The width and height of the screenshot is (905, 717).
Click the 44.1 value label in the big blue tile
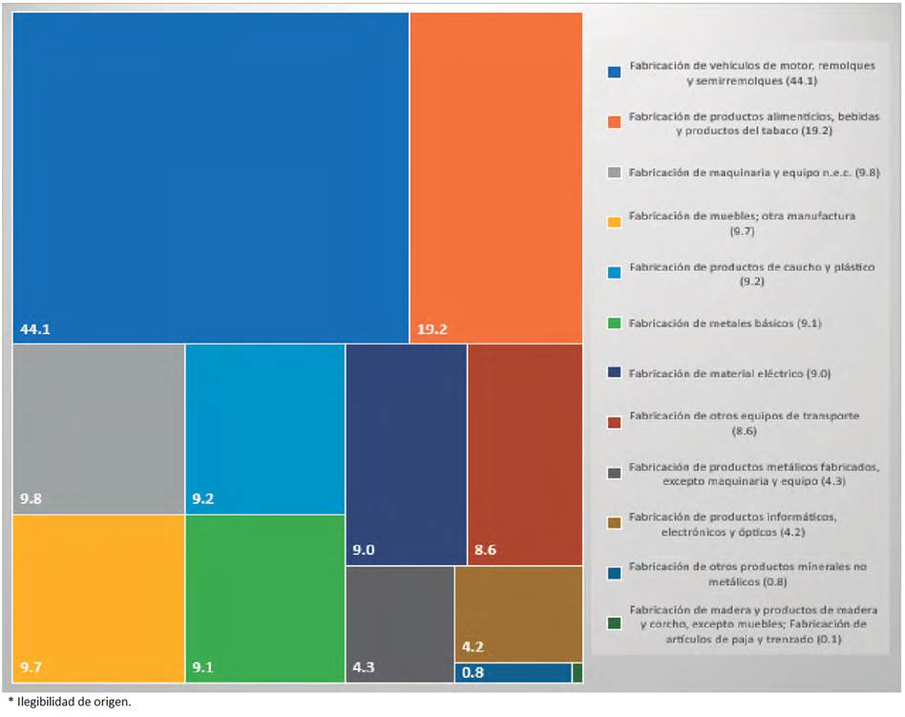click(x=34, y=330)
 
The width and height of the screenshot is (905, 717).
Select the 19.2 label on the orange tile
click(x=431, y=330)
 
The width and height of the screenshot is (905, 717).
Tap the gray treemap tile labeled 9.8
click(x=98, y=429)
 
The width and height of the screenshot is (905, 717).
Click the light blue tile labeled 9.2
click(x=264, y=429)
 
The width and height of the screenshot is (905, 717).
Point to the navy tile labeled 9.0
click(x=406, y=454)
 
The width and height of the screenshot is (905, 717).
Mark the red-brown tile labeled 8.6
click(x=525, y=454)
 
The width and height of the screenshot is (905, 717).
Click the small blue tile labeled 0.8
click(x=513, y=673)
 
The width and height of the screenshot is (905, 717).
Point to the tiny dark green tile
click(x=577, y=673)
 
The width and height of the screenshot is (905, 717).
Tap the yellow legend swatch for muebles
click(x=615, y=222)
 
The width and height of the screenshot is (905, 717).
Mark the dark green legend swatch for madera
click(x=615, y=624)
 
